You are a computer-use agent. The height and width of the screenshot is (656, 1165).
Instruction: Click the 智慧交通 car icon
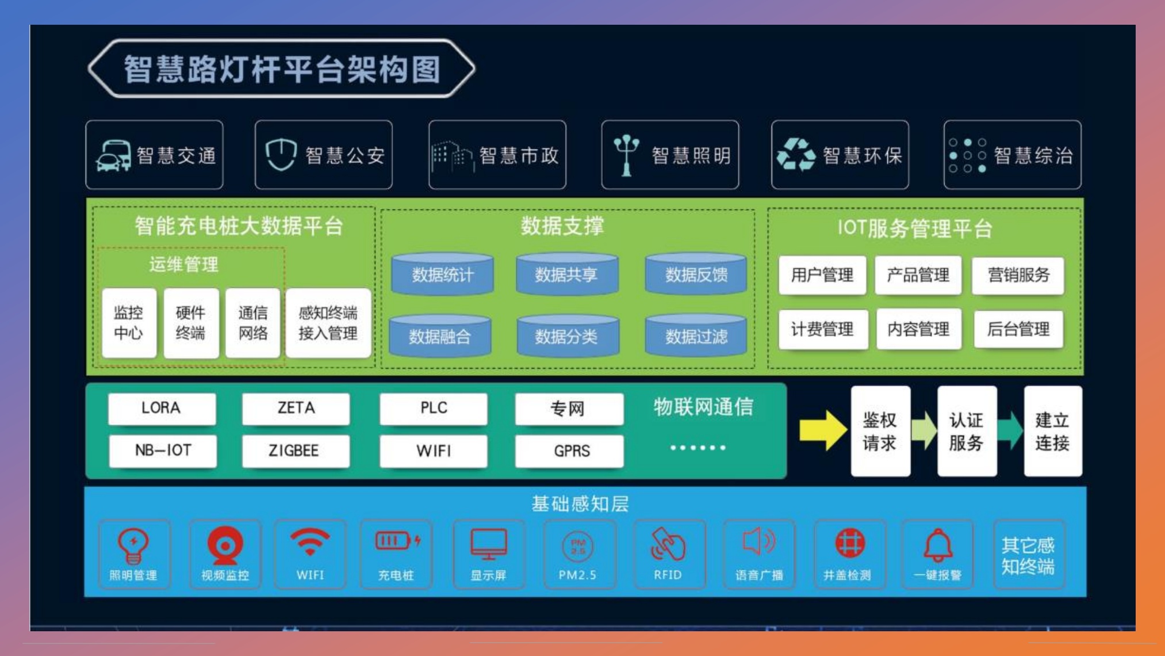pyautogui.click(x=113, y=156)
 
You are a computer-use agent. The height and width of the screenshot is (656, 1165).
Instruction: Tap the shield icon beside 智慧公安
pyautogui.click(x=281, y=154)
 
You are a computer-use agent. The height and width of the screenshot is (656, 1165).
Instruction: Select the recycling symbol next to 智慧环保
pyautogui.click(x=796, y=154)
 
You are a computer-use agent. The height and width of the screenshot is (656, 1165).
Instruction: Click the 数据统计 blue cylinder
pyautogui.click(x=442, y=274)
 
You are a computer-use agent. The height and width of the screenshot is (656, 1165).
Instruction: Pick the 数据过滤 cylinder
pyautogui.click(x=696, y=335)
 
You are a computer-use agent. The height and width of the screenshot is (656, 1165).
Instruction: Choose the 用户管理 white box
pyautogui.click(x=822, y=275)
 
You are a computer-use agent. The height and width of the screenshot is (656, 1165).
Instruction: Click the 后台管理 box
pyautogui.click(x=1018, y=329)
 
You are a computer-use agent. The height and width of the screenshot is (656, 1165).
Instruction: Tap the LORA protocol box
pyautogui.click(x=162, y=408)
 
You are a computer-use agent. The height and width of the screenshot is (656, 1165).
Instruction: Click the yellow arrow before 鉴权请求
pyautogui.click(x=822, y=430)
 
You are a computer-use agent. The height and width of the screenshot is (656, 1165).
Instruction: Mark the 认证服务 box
pyautogui.click(x=966, y=431)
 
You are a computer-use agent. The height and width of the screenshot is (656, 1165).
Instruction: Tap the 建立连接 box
pyautogui.click(x=1052, y=431)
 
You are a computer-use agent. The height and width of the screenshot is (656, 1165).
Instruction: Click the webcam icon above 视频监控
pyautogui.click(x=225, y=544)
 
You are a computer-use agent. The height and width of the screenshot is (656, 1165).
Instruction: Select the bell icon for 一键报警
pyautogui.click(x=937, y=544)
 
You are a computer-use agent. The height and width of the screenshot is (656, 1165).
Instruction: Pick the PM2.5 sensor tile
pyautogui.click(x=578, y=554)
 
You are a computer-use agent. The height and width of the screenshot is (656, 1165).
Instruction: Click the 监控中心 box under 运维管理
pyautogui.click(x=129, y=323)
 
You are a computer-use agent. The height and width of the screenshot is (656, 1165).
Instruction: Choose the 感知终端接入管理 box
pyautogui.click(x=328, y=323)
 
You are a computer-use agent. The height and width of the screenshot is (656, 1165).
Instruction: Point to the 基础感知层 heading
pyautogui.click(x=580, y=504)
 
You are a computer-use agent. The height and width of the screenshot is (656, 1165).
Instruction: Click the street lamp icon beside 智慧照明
pyautogui.click(x=626, y=154)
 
